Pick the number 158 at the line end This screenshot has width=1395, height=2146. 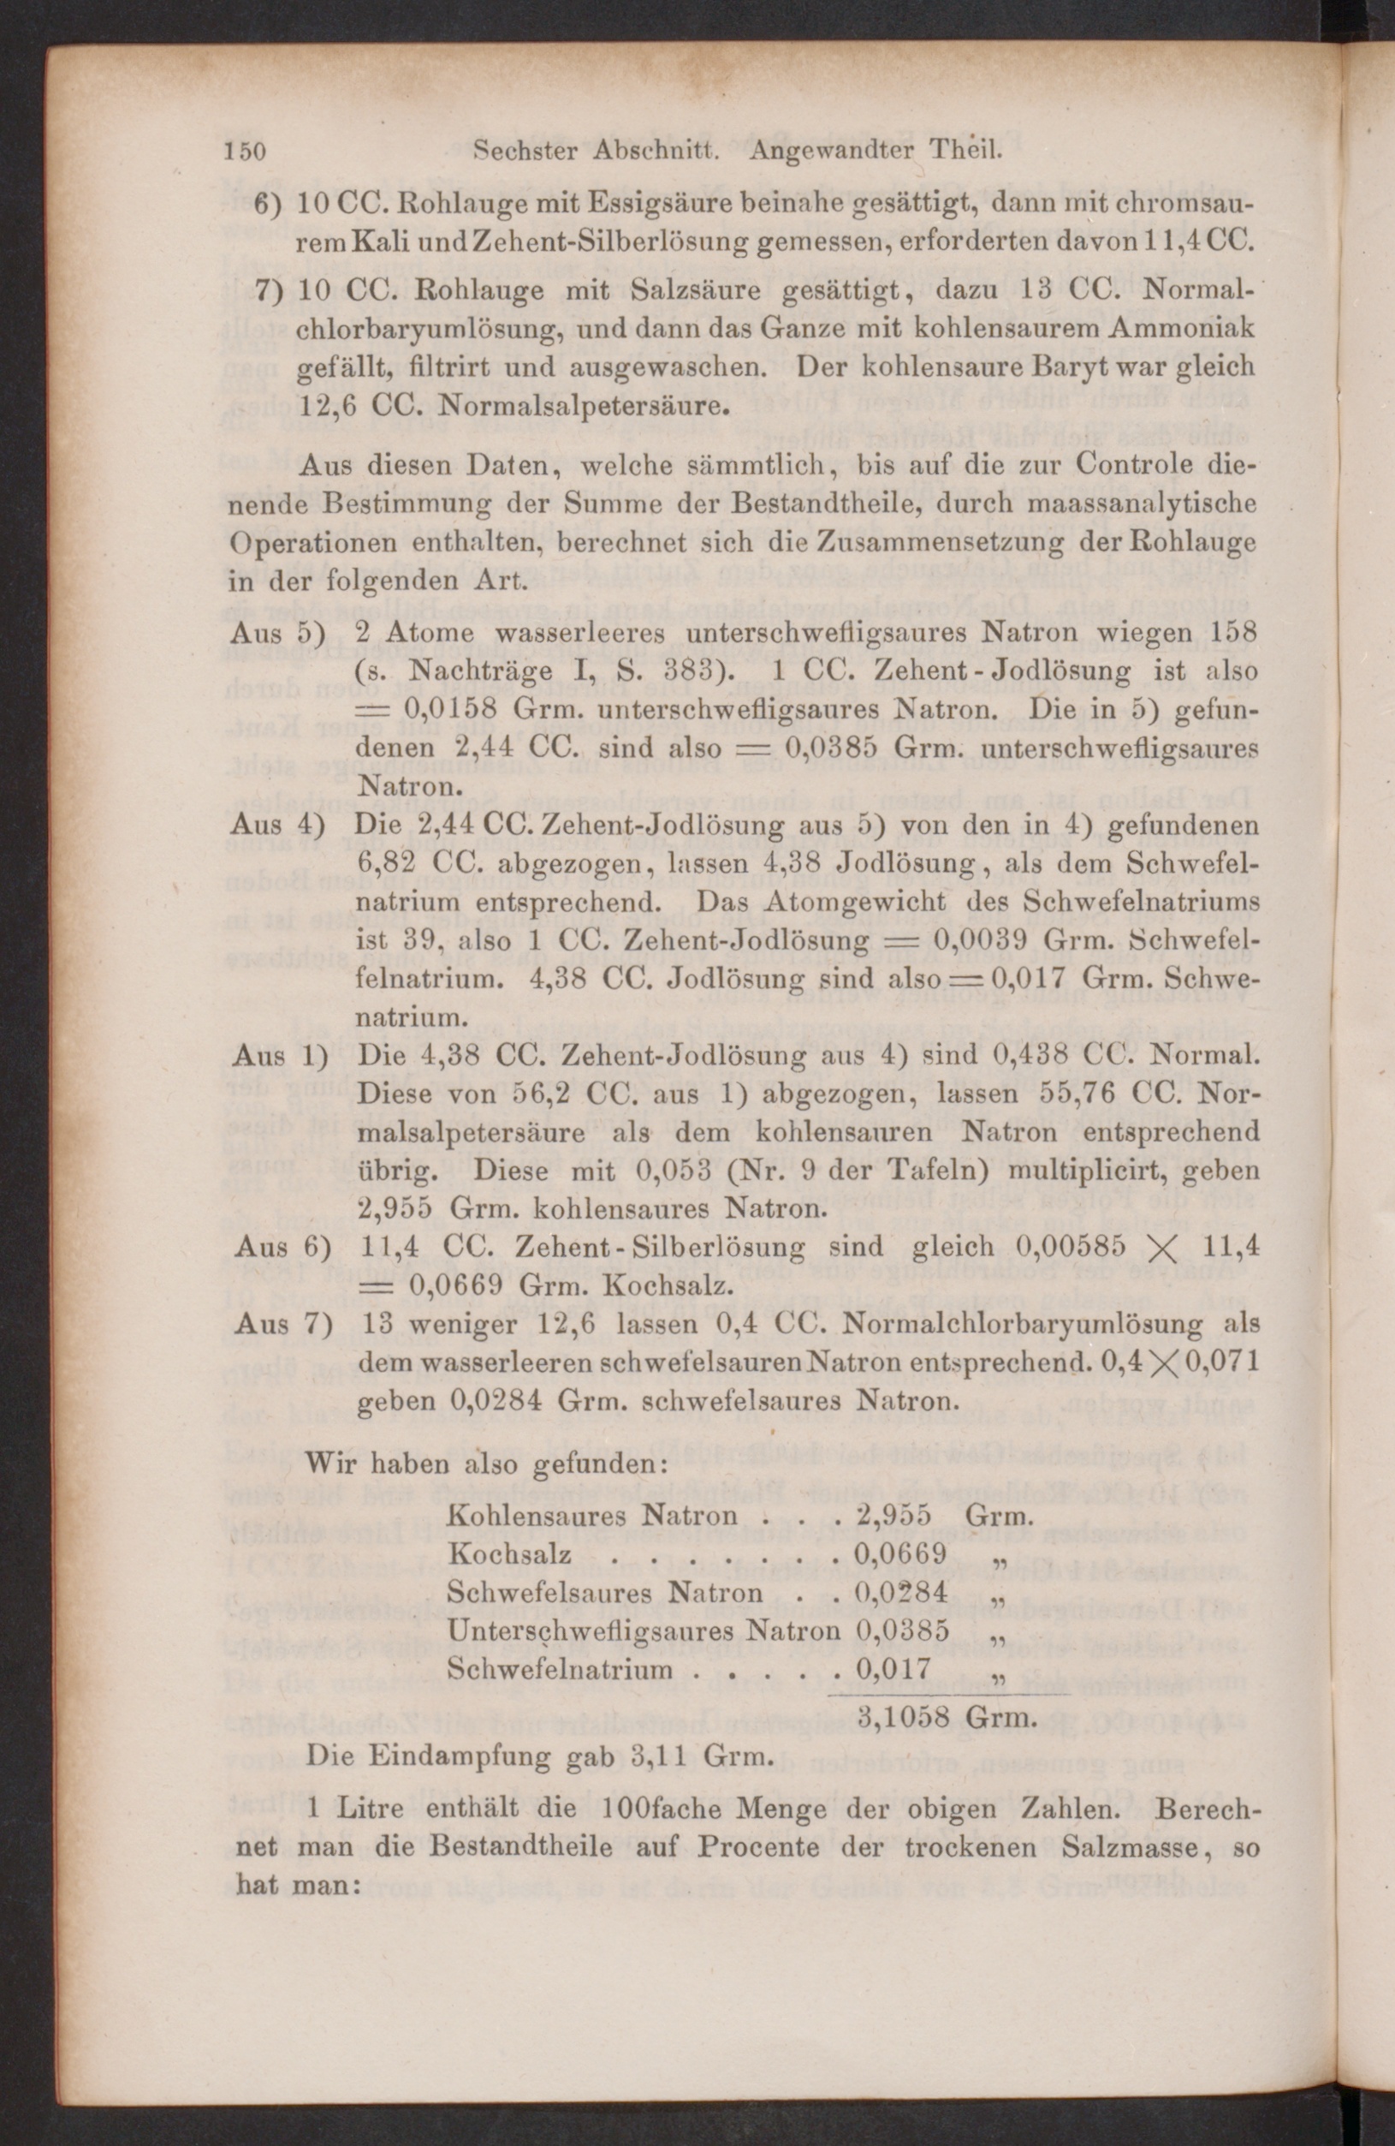(1230, 632)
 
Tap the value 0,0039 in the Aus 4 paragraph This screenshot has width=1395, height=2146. (974, 939)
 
